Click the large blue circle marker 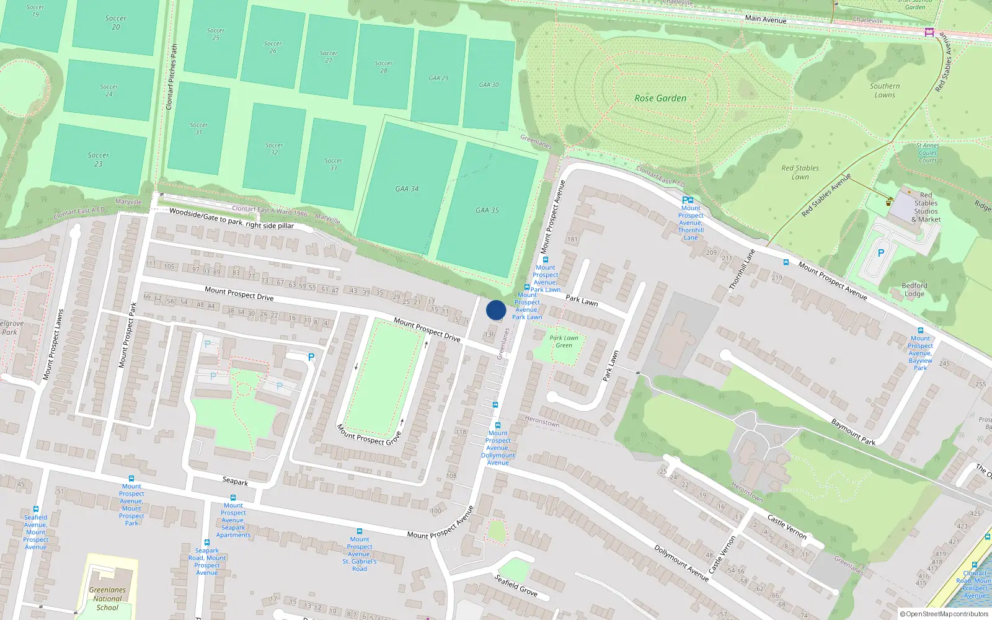coord(496,310)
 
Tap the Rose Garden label coord(660,98)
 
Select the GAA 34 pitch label coord(407,188)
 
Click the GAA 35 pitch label coord(487,210)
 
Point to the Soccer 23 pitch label coord(98,159)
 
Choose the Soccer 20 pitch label coord(115,22)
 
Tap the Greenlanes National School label coord(107,599)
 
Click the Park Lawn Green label coord(564,342)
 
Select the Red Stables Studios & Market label coord(926,207)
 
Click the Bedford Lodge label coord(914,290)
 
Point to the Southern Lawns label coord(885,91)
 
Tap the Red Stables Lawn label coord(800,172)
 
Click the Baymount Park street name coord(853,432)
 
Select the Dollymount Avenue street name coord(681,563)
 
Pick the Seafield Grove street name coord(516,585)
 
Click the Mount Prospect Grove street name coord(369,435)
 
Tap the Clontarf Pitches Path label coord(172,77)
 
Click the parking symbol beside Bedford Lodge coord(880,253)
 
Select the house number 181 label coord(572,239)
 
